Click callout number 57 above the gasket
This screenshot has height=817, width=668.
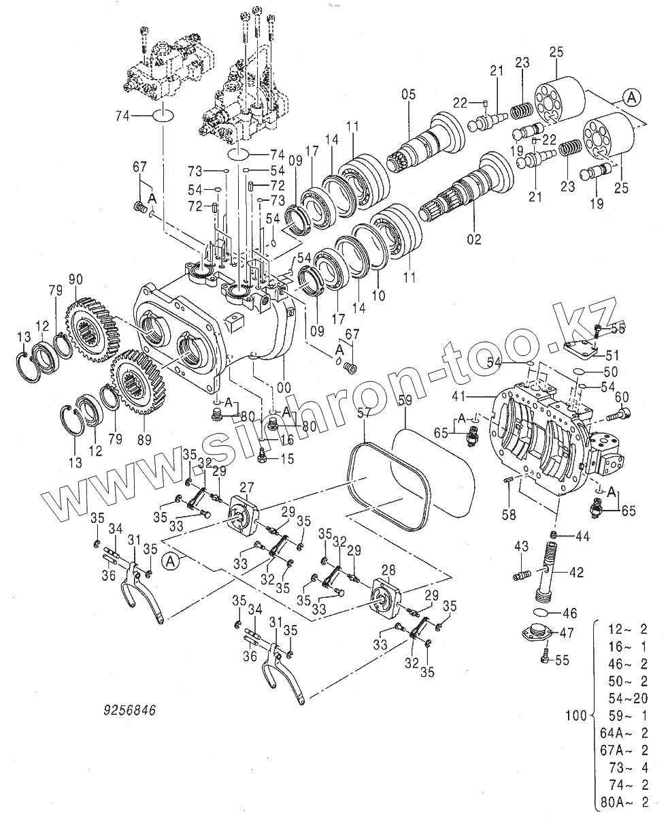[x=365, y=413]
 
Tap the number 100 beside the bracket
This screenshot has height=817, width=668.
[x=576, y=716]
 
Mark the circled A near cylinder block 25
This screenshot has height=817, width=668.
[x=631, y=98]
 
